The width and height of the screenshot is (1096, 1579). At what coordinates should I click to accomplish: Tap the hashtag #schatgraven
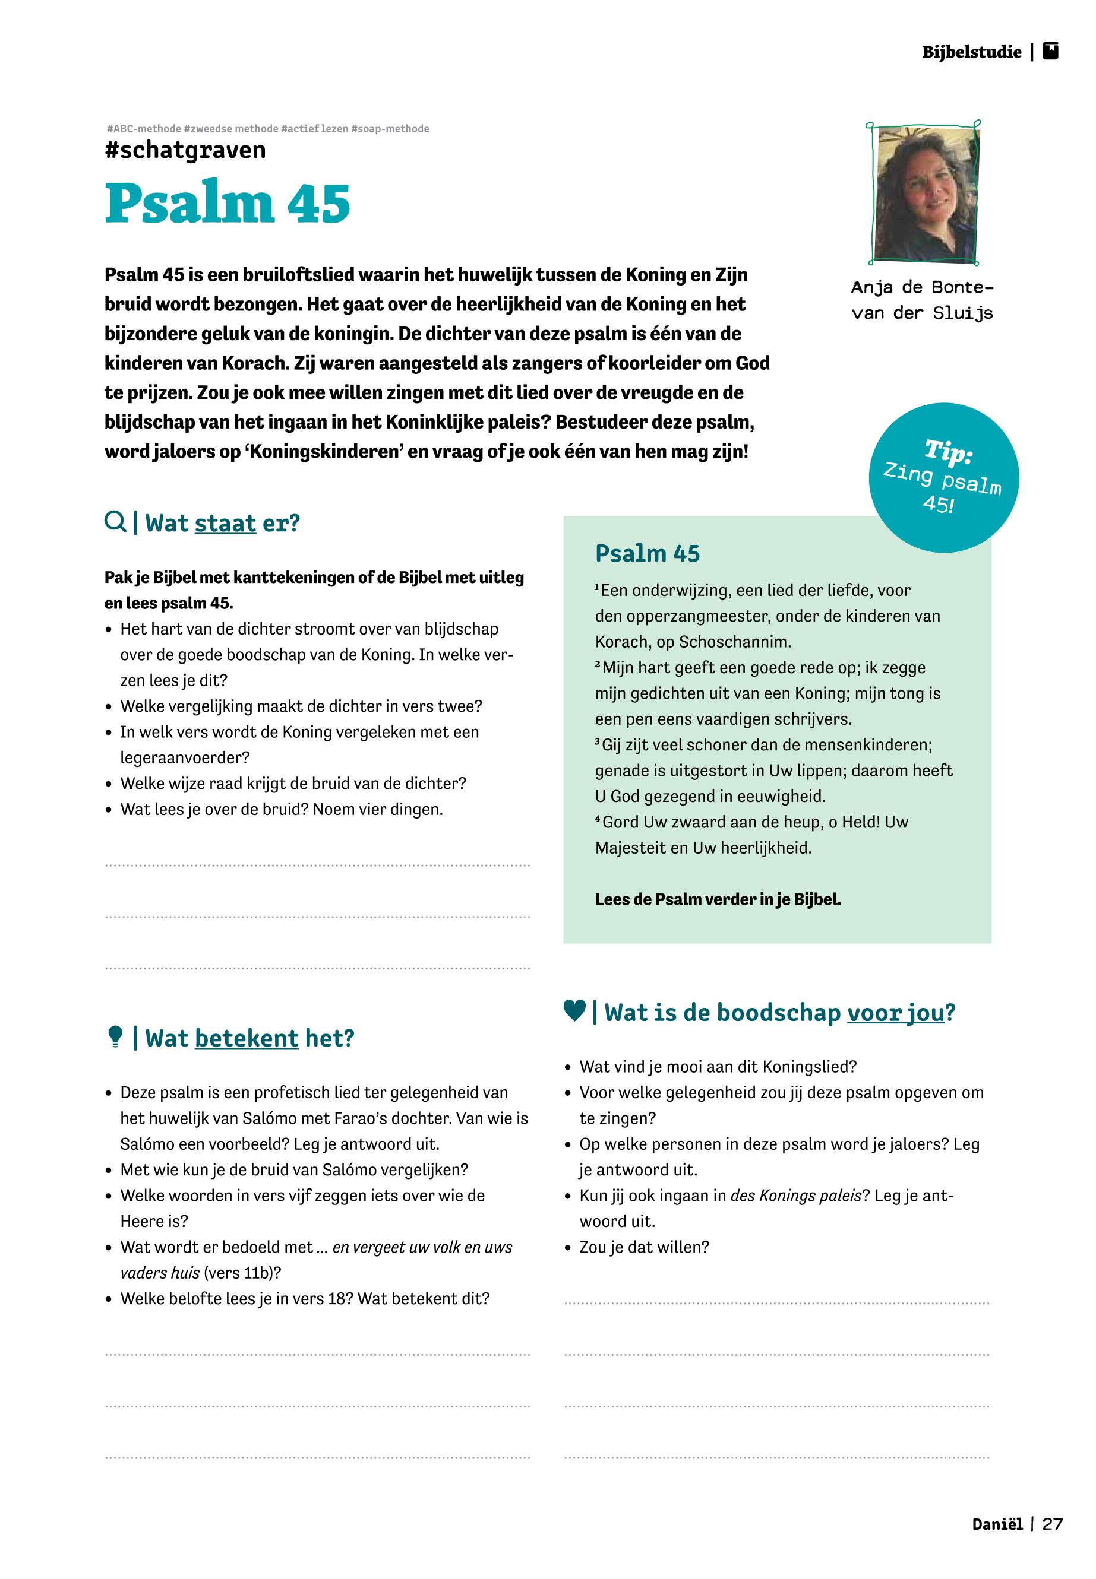[x=185, y=150]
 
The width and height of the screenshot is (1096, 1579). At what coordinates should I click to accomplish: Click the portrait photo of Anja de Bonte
[x=926, y=194]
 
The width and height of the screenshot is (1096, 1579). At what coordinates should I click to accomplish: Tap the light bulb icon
[x=115, y=1037]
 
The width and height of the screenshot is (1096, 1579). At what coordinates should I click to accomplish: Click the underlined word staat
[x=225, y=524]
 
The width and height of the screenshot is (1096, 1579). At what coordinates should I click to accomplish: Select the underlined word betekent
[x=247, y=1038]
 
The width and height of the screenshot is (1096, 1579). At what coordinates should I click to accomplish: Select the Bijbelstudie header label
[x=971, y=52]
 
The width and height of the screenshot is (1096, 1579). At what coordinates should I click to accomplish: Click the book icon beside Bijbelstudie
[x=1051, y=52]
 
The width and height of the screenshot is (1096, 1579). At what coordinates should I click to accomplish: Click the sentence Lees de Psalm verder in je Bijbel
[x=718, y=899]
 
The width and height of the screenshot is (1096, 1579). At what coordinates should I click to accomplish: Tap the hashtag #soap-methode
[x=390, y=128]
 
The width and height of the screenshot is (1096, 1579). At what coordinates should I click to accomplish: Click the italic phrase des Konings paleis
[x=796, y=1196]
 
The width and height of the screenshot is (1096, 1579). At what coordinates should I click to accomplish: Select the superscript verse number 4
[x=598, y=819]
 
